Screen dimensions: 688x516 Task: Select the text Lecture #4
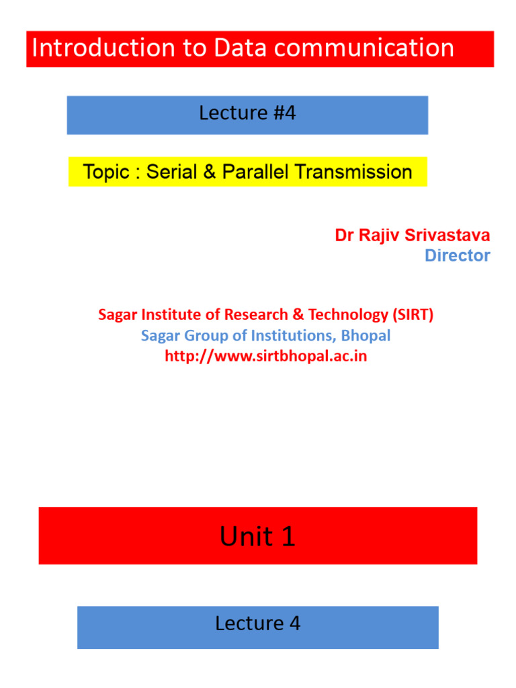(x=247, y=114)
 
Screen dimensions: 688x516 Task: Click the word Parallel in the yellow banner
(x=256, y=172)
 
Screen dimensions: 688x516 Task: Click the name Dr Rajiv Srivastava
(x=413, y=236)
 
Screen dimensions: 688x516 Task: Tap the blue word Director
(x=457, y=256)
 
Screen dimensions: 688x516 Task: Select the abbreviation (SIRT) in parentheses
(x=411, y=314)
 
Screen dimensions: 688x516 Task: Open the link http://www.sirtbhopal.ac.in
(x=266, y=356)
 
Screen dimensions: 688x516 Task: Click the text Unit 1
(x=257, y=537)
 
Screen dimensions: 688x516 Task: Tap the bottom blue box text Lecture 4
(x=257, y=623)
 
